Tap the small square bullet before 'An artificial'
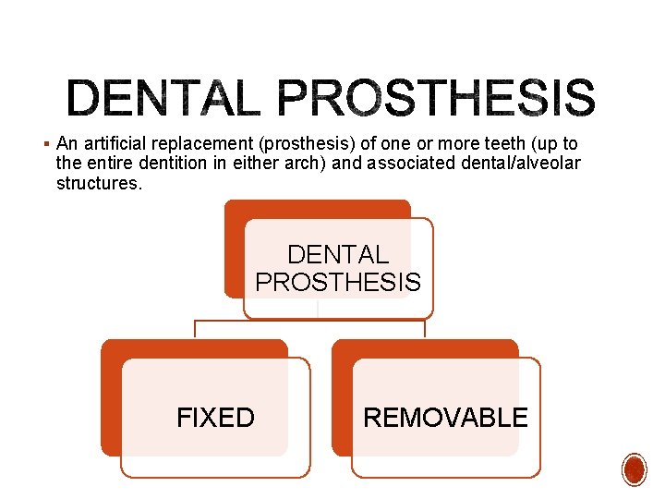tap(45, 143)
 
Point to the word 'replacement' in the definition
tap(203, 144)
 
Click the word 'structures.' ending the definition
tap(100, 183)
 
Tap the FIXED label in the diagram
tap(215, 418)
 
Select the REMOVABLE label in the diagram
tap(445, 418)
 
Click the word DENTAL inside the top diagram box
tap(338, 254)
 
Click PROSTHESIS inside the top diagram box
tap(338, 282)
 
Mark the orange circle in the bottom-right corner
tap(635, 469)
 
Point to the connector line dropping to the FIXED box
tap(194, 330)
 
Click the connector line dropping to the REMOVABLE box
tap(425, 330)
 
